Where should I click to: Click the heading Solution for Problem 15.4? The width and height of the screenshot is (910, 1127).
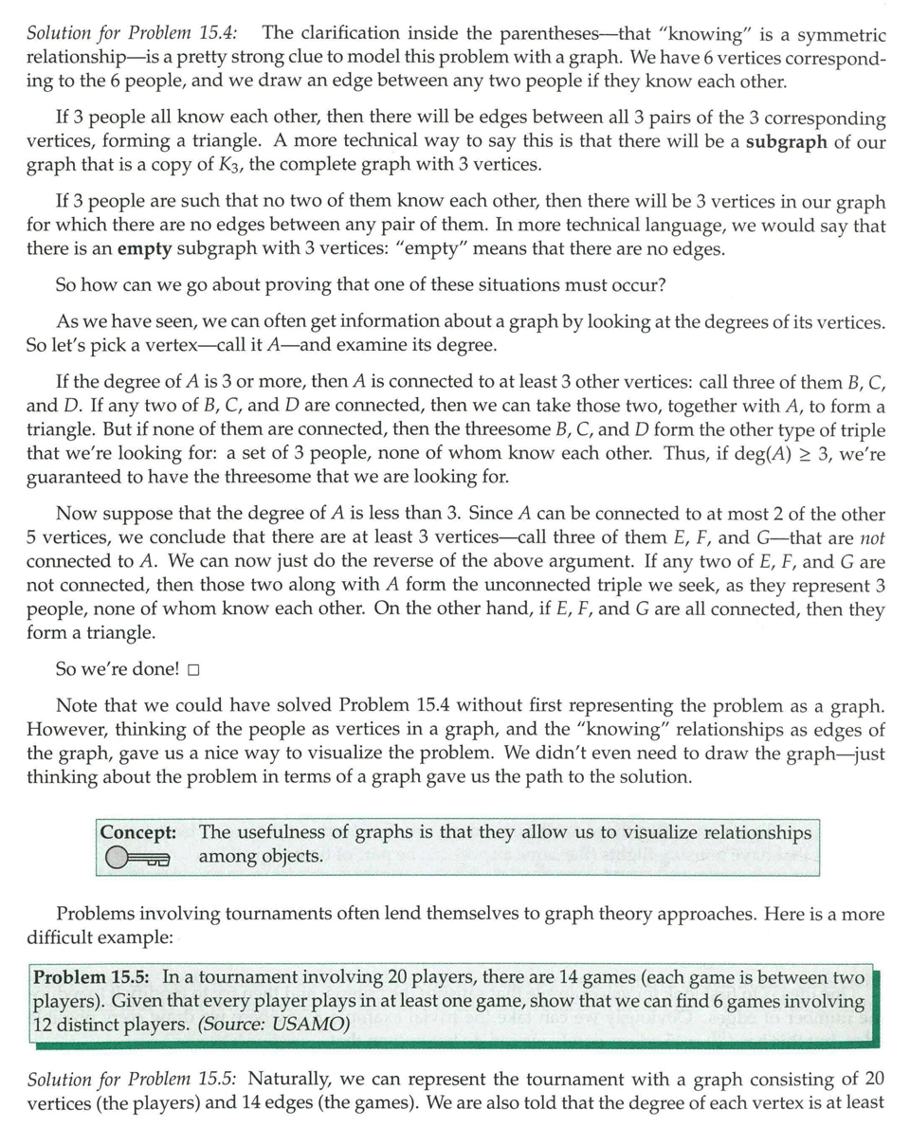pyautogui.click(x=132, y=34)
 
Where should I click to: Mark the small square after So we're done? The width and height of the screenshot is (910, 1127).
pyautogui.click(x=193, y=670)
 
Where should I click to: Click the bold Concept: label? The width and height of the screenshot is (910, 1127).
pyautogui.click(x=138, y=832)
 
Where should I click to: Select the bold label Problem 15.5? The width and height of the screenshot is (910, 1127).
pyautogui.click(x=94, y=976)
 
